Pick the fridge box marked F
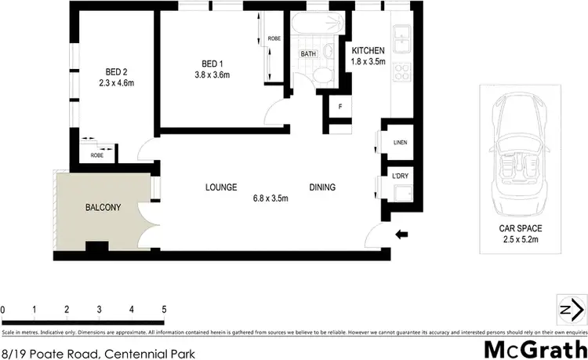tap(340, 107)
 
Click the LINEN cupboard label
tap(401, 142)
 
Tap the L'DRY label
tap(401, 176)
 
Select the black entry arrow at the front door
tap(402, 233)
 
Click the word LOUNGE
tap(221, 187)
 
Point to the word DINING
tap(322, 187)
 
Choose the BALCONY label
tap(103, 208)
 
